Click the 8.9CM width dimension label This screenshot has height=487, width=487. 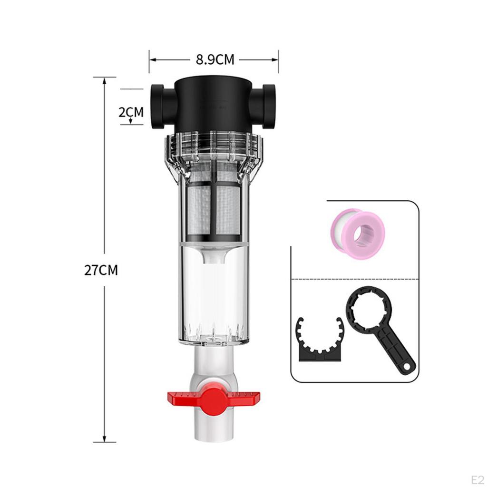[215, 60]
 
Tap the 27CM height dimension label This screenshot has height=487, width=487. [101, 270]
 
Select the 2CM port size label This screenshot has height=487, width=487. [131, 112]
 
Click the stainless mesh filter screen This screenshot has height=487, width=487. [214, 209]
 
